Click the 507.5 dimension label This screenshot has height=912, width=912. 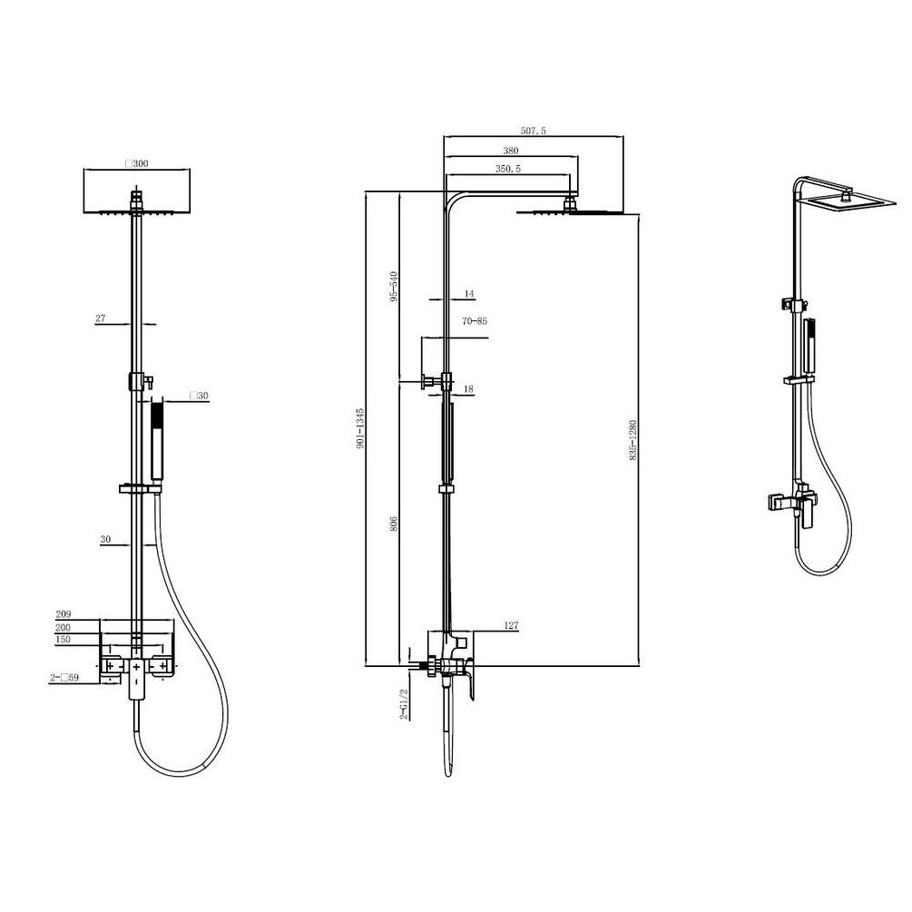coord(533,131)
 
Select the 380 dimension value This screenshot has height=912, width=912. coord(510,151)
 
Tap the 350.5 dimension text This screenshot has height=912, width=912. coord(508,169)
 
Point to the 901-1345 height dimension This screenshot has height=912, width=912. coord(360,428)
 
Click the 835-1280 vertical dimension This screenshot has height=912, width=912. coord(633,440)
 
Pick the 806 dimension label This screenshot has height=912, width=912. coord(393,523)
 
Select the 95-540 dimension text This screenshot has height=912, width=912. coord(394,286)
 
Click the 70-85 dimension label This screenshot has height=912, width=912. coord(475,321)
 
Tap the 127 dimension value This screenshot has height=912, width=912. coord(511,626)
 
